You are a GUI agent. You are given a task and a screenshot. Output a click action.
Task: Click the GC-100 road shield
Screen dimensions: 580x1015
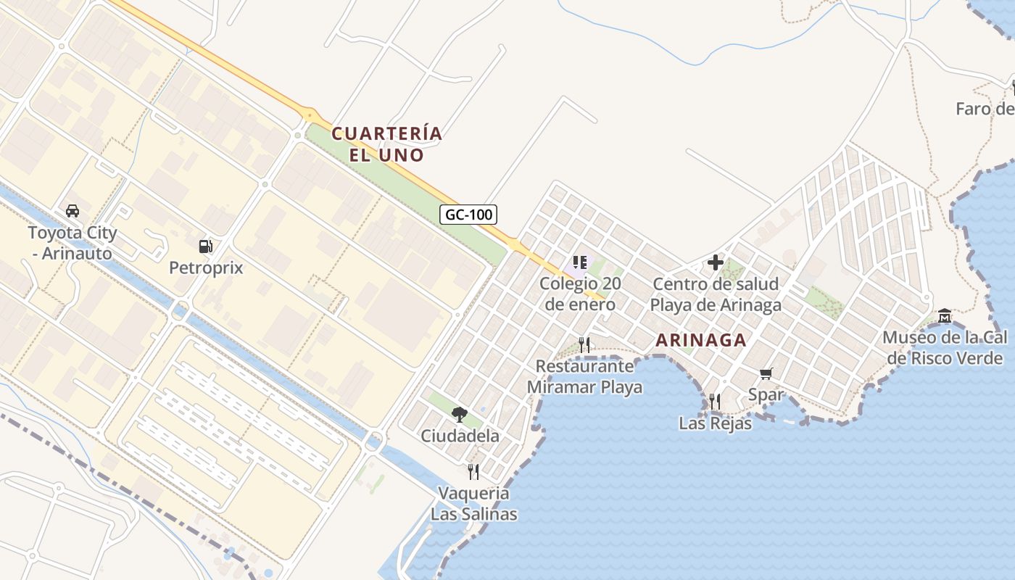coord(468,214)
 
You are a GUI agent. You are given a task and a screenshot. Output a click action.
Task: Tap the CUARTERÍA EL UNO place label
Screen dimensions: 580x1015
coord(386,144)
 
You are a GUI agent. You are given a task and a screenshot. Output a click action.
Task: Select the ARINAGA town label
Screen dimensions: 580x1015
coord(701,340)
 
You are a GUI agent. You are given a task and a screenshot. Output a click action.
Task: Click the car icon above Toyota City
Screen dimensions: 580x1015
coord(72,211)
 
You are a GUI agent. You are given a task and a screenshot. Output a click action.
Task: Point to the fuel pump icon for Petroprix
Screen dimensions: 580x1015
coord(206,246)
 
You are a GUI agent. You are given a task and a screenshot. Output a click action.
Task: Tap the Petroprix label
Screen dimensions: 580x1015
coord(206,268)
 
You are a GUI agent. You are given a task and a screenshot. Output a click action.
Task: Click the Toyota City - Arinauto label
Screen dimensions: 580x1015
coord(72,243)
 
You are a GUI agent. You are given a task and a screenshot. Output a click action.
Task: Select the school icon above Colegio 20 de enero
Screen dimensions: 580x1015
coord(579,262)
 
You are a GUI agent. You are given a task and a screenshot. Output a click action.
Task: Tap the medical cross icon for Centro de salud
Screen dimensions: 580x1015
coord(716,262)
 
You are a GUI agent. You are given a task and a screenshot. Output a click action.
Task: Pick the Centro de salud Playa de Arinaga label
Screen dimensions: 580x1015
coord(716,294)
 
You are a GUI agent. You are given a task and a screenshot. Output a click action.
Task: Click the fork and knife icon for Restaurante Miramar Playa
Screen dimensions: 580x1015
coord(584,344)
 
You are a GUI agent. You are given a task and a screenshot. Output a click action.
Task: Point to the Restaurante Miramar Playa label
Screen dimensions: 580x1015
coord(584,376)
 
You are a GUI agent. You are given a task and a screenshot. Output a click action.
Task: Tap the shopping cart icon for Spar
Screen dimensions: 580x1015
coord(766,374)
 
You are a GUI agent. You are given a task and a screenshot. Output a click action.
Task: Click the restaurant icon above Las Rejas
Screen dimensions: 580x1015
coord(715,401)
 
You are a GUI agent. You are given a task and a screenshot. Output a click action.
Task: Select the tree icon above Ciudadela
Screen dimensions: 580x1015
coord(459,415)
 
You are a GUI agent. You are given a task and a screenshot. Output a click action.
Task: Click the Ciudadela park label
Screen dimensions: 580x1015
coord(460,436)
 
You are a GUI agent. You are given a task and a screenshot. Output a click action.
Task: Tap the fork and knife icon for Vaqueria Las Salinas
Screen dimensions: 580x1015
coord(473,472)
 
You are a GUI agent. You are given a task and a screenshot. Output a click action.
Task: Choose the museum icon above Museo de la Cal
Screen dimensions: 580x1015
coord(945,316)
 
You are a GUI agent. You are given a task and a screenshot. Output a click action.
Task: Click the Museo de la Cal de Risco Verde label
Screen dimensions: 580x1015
coord(943,347)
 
